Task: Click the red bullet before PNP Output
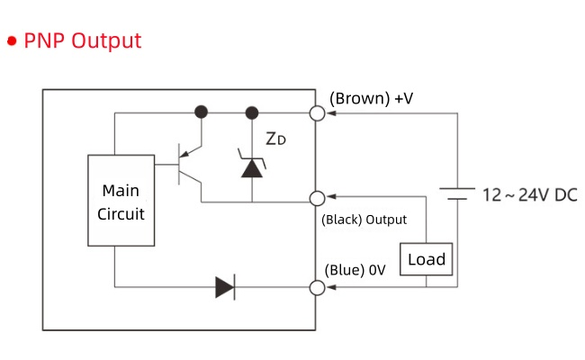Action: point(13,41)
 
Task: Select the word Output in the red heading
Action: point(106,40)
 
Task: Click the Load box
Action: point(427,260)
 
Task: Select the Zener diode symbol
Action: point(251,164)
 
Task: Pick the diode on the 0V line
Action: point(225,288)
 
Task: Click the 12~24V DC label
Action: point(529,194)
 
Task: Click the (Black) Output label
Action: point(364,220)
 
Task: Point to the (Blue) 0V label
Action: point(355,269)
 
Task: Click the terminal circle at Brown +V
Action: point(317,112)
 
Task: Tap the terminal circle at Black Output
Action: point(317,199)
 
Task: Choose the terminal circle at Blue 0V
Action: point(317,288)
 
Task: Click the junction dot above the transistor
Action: point(202,112)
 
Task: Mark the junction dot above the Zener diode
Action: point(251,112)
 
